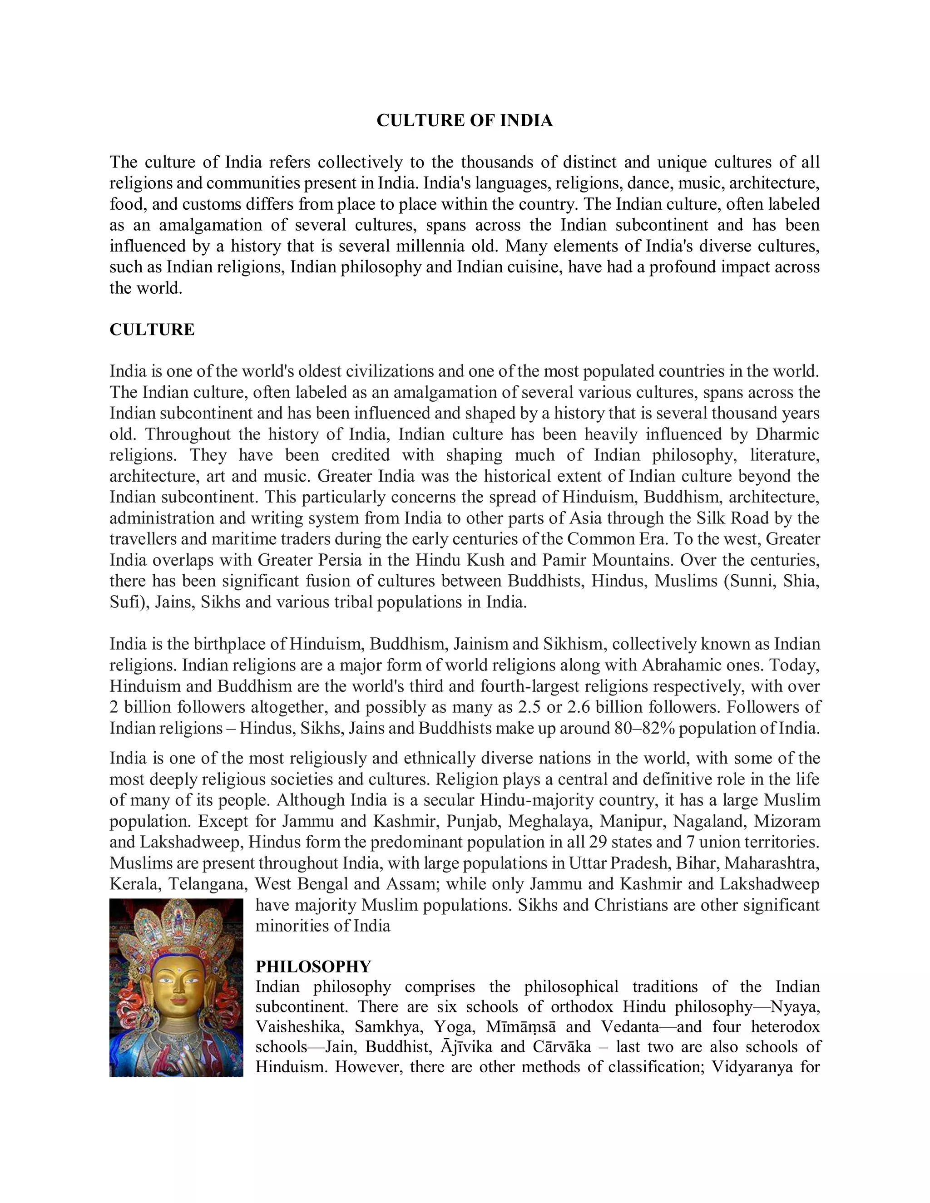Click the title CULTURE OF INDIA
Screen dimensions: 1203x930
[465, 121]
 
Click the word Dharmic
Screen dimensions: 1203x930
[787, 434]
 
